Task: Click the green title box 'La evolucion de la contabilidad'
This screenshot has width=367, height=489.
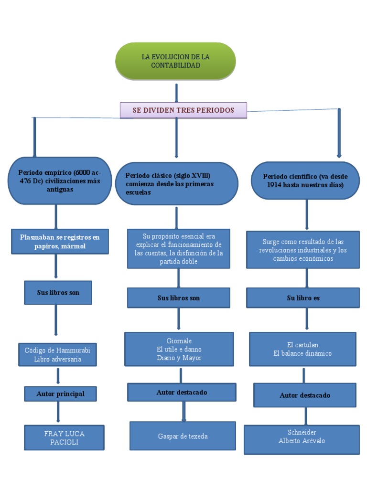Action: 175,61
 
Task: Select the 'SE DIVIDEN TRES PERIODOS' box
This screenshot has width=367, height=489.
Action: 183,110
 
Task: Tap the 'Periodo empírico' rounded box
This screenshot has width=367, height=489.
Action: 59,181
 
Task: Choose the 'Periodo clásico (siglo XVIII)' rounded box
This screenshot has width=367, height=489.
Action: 176,184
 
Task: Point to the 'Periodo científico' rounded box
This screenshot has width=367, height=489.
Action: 305,180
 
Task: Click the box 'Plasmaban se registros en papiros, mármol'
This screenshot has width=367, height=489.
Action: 60,241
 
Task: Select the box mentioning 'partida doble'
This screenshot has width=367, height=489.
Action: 178,249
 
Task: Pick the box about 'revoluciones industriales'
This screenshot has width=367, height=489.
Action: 303,250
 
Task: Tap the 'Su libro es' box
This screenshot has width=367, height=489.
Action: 303,298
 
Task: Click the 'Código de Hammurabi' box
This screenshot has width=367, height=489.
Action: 57,354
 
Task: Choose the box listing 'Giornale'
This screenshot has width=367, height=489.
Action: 179,349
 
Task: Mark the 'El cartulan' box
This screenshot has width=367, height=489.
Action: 302,349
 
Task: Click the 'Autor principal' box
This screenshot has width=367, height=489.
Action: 60,394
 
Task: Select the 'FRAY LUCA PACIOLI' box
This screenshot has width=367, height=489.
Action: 64,437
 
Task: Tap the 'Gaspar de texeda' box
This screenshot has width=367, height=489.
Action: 183,436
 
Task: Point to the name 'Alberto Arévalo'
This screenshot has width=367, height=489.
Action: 302,441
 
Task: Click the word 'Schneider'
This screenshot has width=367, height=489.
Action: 302,432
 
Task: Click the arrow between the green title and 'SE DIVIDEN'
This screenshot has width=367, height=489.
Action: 177,93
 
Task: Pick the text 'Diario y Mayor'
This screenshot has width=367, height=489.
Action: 179,358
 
